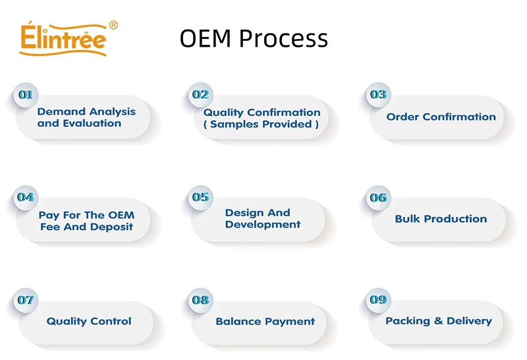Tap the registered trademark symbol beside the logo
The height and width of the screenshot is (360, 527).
tap(113, 25)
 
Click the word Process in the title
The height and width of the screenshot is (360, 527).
tap(283, 38)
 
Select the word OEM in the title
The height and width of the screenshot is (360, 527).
tap(206, 38)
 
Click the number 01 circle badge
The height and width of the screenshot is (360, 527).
tap(26, 95)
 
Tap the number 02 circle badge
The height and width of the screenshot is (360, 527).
tap(201, 95)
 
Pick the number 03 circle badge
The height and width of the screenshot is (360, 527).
tap(378, 95)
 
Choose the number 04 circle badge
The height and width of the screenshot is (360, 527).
tap(26, 198)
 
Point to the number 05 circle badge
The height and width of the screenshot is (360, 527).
tap(201, 198)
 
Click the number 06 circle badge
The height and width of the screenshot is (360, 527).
tap(378, 198)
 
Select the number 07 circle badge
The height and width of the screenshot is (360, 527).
tap(26, 300)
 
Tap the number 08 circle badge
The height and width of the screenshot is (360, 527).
tap(201, 300)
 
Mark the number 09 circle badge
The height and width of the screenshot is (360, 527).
tap(378, 300)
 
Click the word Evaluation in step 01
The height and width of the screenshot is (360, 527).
tap(92, 123)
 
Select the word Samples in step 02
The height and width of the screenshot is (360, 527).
tap(235, 125)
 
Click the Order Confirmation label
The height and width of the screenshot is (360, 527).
tap(441, 117)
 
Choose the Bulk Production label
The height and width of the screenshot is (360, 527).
tap(441, 219)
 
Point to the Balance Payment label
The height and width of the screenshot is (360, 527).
tap(265, 322)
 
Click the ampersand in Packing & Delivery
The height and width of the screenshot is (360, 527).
tap(438, 321)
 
